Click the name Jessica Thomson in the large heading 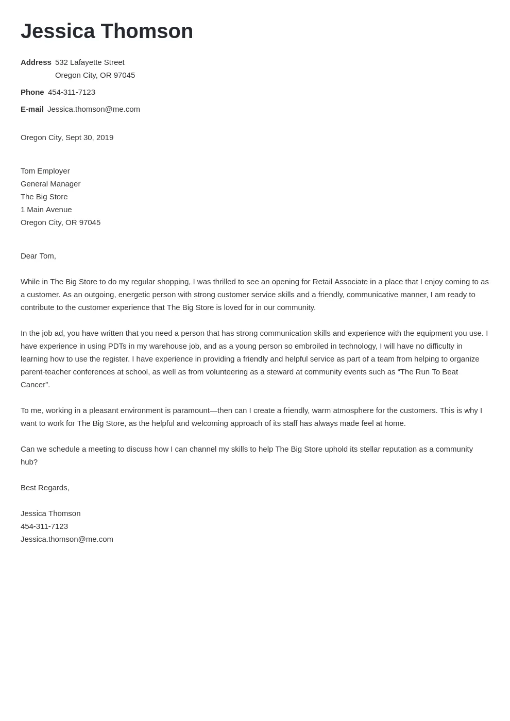pyautogui.click(x=107, y=31)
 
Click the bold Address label pyautogui.click(x=36, y=62)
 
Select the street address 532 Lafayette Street pyautogui.click(x=90, y=62)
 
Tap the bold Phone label pyautogui.click(x=32, y=92)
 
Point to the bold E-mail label pyautogui.click(x=32, y=109)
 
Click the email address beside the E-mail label pyautogui.click(x=94, y=109)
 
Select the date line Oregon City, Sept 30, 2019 pyautogui.click(x=67, y=138)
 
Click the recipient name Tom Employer pyautogui.click(x=45, y=171)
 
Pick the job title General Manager pyautogui.click(x=50, y=184)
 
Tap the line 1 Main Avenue pyautogui.click(x=46, y=210)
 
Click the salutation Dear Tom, pyautogui.click(x=38, y=256)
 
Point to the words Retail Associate pyautogui.click(x=340, y=282)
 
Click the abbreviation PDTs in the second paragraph pyautogui.click(x=117, y=346)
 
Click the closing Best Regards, pyautogui.click(x=45, y=488)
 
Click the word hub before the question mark pyautogui.click(x=27, y=462)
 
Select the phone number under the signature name pyautogui.click(x=44, y=526)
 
